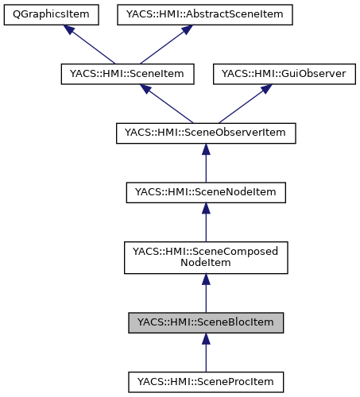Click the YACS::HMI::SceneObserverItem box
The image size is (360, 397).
tap(206, 133)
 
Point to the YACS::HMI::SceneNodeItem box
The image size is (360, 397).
tap(206, 191)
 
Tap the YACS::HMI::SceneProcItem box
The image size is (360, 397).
tap(206, 381)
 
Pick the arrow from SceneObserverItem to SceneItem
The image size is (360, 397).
tap(168, 104)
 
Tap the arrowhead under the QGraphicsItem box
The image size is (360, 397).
tap(70, 29)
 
